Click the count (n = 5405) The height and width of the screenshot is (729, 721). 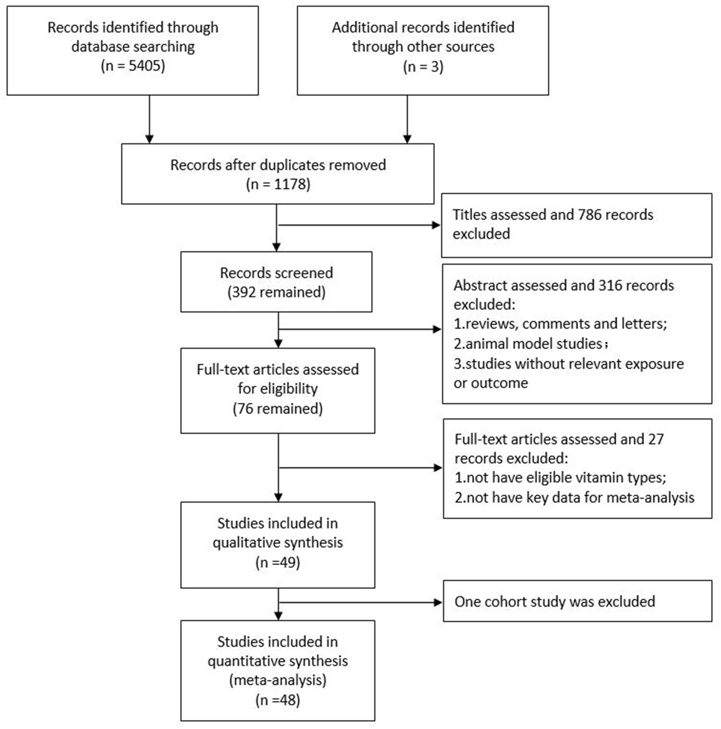[133, 66]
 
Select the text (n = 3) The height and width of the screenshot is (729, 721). [423, 66]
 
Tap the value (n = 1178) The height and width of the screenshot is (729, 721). [278, 184]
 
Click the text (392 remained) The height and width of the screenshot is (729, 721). [276, 292]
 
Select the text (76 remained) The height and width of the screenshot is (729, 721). [278, 408]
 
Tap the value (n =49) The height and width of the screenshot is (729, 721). [278, 562]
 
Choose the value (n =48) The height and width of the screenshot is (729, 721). [278, 700]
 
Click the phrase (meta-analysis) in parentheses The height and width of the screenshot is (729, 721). [278, 680]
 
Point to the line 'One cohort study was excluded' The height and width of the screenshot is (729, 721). [554, 602]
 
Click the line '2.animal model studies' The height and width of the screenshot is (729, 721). [528, 344]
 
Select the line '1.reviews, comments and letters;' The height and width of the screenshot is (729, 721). [560, 324]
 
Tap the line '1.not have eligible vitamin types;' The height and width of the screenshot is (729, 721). [560, 478]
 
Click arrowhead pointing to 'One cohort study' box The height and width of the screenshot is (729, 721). [438, 602]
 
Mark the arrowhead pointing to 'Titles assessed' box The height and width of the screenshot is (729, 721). [436, 225]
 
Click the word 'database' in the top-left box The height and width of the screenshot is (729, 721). [101, 47]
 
